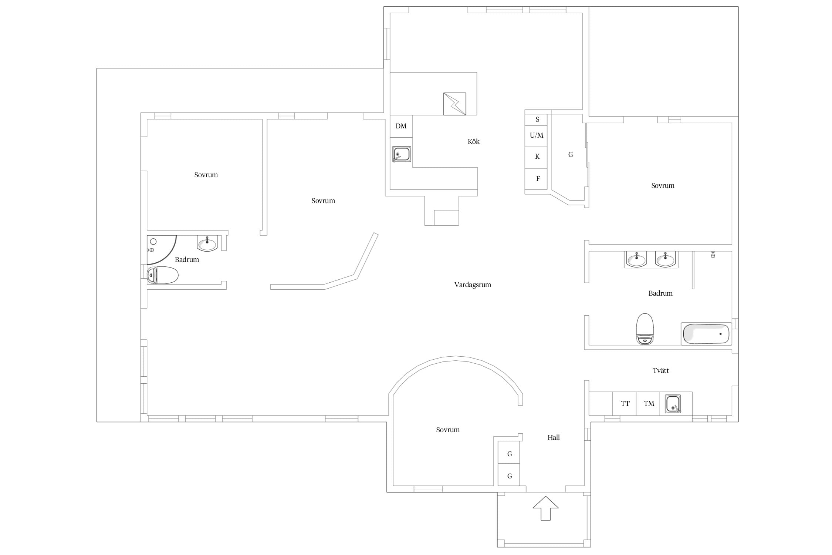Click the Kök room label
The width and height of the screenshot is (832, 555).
[x=473, y=142]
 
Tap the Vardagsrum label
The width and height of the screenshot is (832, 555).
[x=473, y=285]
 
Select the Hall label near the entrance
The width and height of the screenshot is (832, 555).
[x=554, y=438]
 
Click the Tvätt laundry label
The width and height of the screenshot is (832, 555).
[x=660, y=370]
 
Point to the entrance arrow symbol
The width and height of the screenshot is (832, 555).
[x=545, y=508]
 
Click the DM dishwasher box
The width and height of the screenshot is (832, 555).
[x=401, y=126]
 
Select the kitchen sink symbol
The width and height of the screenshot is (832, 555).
[x=402, y=154]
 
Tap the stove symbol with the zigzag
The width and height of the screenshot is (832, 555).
[x=454, y=104]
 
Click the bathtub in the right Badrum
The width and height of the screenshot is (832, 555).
[x=706, y=334]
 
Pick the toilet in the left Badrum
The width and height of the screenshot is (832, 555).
[x=163, y=275]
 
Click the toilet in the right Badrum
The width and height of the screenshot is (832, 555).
[x=645, y=329]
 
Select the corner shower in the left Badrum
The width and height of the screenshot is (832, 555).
[x=161, y=250]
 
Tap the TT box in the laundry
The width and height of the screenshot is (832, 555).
[x=625, y=403]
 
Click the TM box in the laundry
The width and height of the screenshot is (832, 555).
[x=649, y=403]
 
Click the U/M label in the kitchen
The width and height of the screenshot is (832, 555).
[x=537, y=135]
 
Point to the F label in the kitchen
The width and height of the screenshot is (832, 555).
[x=538, y=179]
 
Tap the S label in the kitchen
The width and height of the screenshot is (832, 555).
[x=537, y=120]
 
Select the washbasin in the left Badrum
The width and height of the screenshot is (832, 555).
[x=207, y=243]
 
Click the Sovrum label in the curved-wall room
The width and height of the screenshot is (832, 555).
[x=448, y=430]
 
